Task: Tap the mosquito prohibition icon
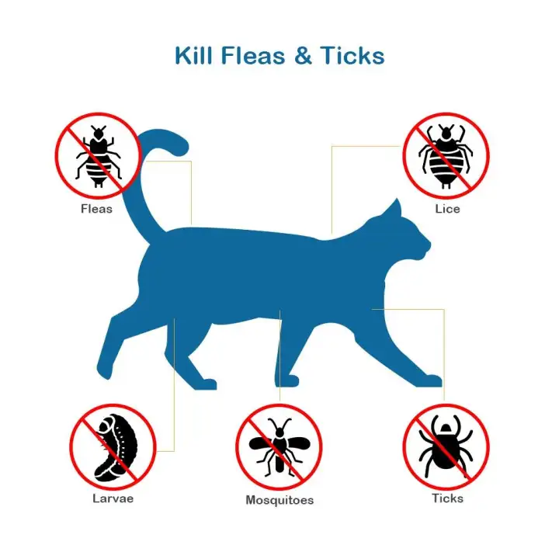tap(279, 446)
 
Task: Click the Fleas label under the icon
tap(97, 209)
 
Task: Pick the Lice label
tap(447, 209)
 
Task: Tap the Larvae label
tap(113, 498)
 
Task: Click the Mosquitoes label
tap(279, 501)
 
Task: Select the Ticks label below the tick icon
tap(447, 498)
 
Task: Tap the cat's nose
tap(428, 248)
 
